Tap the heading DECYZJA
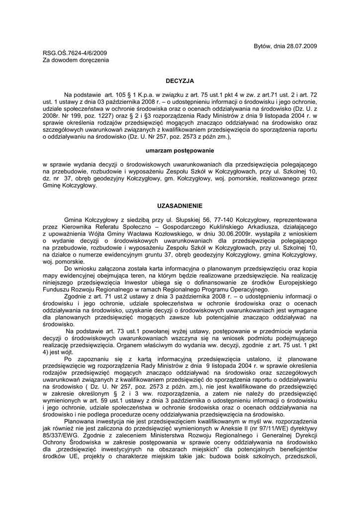(x=180, y=80)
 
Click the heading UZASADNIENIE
(x=180, y=206)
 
